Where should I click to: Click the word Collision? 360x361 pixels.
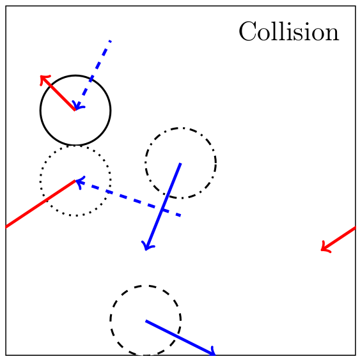289,31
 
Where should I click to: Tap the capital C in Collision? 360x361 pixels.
247,31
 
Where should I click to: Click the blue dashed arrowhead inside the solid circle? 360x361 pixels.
77,106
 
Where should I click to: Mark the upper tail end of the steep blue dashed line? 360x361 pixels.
111,41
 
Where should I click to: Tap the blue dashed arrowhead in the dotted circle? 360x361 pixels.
79,182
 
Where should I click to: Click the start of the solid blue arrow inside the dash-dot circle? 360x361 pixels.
180,163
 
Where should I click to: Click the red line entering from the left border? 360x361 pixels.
40,204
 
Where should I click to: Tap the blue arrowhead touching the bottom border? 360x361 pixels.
212,352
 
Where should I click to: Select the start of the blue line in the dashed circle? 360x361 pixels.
146,321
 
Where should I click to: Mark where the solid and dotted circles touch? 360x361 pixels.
75,146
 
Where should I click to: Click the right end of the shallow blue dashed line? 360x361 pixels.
180,216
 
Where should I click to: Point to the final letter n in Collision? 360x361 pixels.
333,35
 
